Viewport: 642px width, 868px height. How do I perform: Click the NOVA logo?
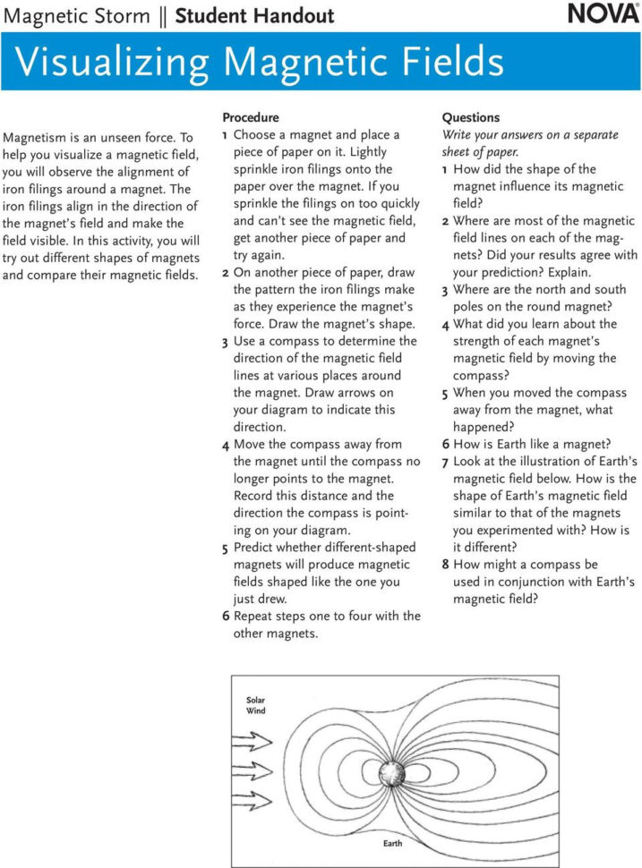pyautogui.click(x=603, y=15)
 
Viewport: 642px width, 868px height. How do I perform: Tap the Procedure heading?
pyautogui.click(x=251, y=117)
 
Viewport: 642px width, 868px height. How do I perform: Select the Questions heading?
pyautogui.click(x=471, y=117)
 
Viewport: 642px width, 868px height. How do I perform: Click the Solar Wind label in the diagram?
pyautogui.click(x=256, y=705)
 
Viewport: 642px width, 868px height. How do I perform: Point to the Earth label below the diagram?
pyautogui.click(x=392, y=844)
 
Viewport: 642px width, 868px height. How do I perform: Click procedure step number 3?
pyautogui.click(x=226, y=342)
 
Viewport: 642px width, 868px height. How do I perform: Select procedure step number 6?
pyautogui.click(x=226, y=617)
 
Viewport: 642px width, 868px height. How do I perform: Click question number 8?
pyautogui.click(x=446, y=566)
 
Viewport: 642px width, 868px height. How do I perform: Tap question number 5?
pyautogui.click(x=446, y=394)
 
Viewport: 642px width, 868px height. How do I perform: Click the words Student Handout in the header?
pyautogui.click(x=254, y=15)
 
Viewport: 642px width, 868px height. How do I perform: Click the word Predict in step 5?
pyautogui.click(x=257, y=548)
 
